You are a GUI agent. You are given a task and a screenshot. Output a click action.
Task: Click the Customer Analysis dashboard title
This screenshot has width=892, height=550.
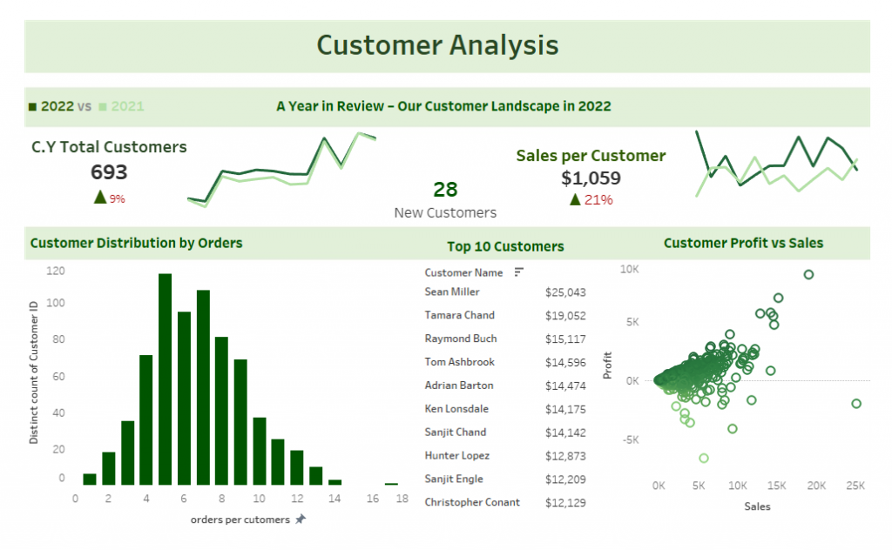tap(437, 45)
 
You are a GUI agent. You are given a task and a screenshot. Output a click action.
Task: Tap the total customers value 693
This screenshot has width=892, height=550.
tap(109, 172)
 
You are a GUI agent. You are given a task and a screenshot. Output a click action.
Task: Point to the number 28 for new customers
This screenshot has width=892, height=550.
tap(445, 190)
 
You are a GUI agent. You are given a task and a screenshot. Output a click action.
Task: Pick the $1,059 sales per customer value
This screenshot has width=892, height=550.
tap(591, 178)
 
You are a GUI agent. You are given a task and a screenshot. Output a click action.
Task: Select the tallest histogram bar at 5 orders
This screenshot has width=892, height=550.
tap(165, 379)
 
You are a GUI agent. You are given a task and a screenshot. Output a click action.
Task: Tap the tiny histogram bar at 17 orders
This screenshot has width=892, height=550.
tap(391, 484)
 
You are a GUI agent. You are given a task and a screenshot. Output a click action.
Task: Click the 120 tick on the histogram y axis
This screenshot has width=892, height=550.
tap(56, 271)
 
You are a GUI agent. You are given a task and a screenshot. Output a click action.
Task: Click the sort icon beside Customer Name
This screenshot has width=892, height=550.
tap(519, 272)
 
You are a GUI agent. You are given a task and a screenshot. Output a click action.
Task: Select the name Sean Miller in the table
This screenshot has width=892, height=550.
tap(452, 292)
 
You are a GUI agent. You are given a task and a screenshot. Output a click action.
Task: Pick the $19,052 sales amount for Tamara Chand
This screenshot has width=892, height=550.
tap(565, 316)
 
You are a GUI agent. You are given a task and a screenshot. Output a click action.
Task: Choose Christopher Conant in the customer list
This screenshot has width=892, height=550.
tap(472, 502)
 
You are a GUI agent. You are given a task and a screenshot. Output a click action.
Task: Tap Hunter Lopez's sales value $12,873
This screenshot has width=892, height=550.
tap(565, 456)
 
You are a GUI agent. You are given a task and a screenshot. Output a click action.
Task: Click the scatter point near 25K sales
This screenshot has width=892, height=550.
tap(856, 404)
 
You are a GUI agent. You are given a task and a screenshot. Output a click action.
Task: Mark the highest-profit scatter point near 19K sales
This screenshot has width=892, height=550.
tap(808, 274)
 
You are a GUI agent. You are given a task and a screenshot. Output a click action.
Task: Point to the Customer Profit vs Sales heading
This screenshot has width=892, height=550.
tap(743, 244)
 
